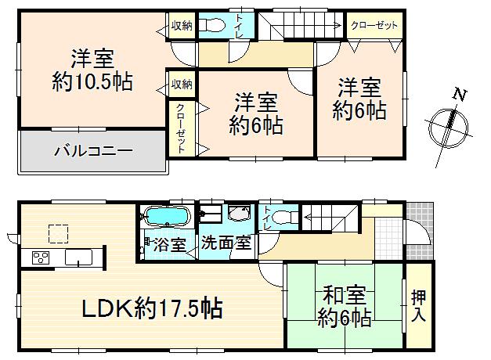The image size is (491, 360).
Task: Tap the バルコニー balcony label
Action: [92, 151]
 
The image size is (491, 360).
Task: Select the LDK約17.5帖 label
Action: [153, 308]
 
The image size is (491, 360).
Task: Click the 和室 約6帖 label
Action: [344, 307]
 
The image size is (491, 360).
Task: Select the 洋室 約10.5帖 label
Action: [92, 70]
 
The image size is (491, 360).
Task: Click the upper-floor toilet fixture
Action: [210, 26]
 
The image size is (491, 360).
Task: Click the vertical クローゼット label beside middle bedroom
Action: [180, 127]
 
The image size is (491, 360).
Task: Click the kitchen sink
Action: [78, 257]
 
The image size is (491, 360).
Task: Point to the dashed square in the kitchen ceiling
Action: [59, 232]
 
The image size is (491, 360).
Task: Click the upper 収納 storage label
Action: [182, 26]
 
